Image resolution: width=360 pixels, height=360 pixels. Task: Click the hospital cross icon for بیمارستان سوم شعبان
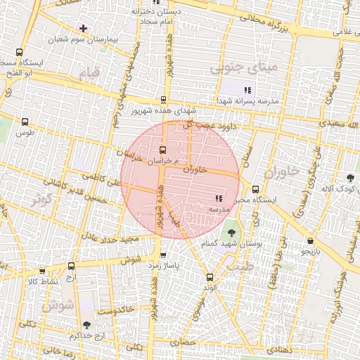coord(84,28)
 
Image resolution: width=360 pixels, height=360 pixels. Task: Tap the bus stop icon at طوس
coord(25,122)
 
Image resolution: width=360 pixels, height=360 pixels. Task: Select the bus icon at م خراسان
coord(163,150)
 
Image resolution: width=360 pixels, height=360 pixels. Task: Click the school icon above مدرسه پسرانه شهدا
coord(247,90)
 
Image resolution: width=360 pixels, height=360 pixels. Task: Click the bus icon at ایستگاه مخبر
coord(255,188)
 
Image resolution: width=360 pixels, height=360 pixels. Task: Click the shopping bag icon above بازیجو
coord(310,240)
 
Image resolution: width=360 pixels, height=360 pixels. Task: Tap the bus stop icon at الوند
coord(209,277)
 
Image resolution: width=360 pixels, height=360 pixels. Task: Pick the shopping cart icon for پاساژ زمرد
coord(163,255)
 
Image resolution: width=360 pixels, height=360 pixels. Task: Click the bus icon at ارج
coord(71,266)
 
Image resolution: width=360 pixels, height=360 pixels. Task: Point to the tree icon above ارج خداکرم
coord(86,325)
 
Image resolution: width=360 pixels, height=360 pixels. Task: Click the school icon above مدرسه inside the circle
coord(218,199)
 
